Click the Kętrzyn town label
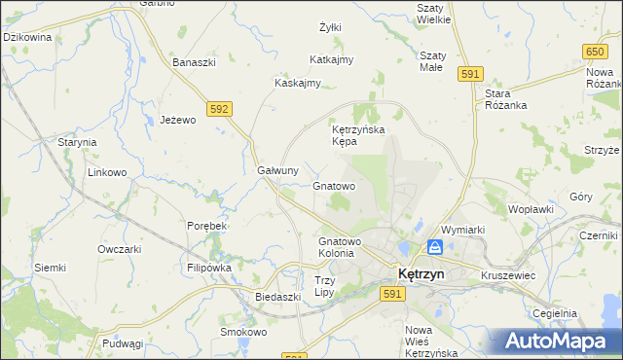point(419,274)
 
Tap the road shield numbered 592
point(219,110)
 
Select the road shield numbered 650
point(595,51)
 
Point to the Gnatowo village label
point(334,185)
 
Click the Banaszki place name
point(194,62)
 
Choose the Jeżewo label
point(178,120)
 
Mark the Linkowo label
point(108,173)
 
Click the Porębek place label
point(206,226)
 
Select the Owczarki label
point(120,248)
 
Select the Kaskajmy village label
point(298,83)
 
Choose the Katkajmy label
point(331,59)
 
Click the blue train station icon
point(435,247)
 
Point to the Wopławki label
point(531,209)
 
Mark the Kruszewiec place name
point(508,275)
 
